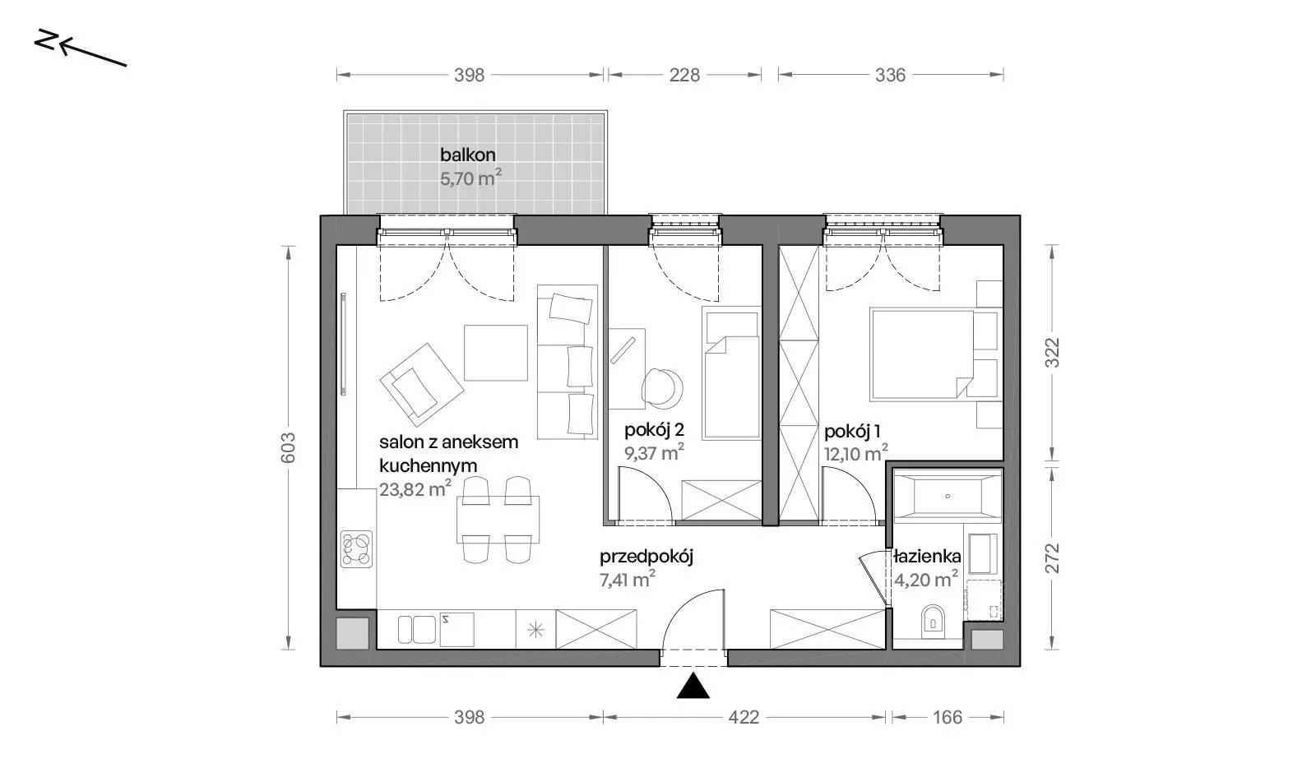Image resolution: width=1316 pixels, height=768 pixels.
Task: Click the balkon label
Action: pos(468,155)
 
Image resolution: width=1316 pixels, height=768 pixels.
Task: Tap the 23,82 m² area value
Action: pos(415,488)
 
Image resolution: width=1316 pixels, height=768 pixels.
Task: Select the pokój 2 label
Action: pos(654,430)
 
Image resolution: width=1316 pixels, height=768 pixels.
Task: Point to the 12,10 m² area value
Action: pos(856,453)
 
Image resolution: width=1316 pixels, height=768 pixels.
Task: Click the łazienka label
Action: pos(927,556)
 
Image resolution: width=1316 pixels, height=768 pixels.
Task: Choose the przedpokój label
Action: pos(646,557)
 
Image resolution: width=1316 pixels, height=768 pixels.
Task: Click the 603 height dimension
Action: pos(288,447)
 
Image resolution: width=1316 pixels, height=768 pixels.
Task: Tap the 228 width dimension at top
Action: pos(684,75)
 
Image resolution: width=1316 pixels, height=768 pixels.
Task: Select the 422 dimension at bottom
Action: pos(744,717)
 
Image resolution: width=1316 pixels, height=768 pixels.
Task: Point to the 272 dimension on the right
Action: pos(1052,557)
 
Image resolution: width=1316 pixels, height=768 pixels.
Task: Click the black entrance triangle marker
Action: pos(693,686)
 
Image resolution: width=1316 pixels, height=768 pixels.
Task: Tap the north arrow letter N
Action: pos(46,40)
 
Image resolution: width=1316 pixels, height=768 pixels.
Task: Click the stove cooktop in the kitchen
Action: pos(356,549)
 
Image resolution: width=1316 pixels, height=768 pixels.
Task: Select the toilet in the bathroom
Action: pos(933,621)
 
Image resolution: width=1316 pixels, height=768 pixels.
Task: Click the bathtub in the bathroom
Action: pos(947,496)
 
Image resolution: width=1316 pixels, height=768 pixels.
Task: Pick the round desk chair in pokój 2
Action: pos(662,389)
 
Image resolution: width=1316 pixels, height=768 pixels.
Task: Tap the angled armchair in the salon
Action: pos(422,385)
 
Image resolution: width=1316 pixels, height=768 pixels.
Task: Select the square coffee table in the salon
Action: pos(496,353)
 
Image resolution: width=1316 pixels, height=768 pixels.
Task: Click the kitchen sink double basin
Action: pos(416,629)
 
